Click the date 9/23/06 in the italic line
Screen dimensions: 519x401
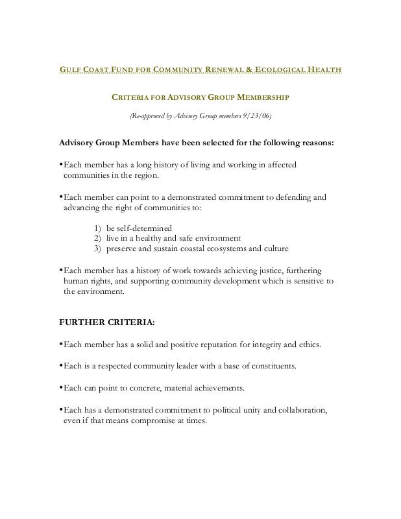click(x=258, y=116)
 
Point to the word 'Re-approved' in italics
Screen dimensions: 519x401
click(x=149, y=116)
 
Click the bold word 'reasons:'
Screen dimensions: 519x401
click(x=314, y=143)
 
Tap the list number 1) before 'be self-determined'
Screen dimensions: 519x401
click(x=97, y=228)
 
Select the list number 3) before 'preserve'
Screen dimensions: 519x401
click(x=97, y=248)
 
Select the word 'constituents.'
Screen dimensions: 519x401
click(x=271, y=366)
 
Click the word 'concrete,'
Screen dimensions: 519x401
click(x=143, y=388)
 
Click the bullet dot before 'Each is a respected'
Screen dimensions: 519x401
click(x=61, y=366)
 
